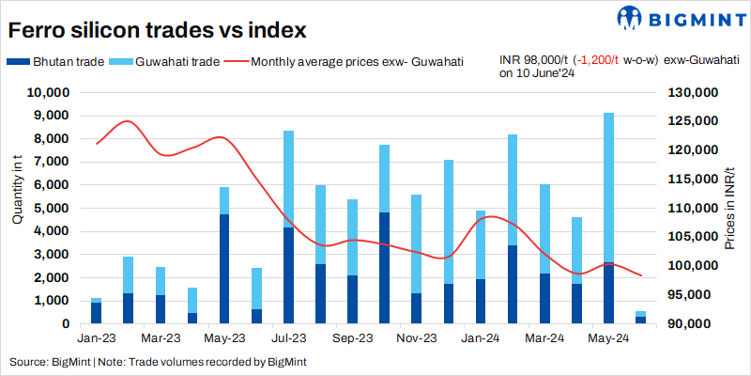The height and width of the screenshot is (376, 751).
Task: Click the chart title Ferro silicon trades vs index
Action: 157,30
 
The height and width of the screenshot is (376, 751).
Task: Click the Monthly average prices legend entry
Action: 346,62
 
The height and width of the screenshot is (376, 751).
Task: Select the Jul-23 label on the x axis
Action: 289,337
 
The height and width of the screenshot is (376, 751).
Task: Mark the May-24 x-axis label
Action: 609,337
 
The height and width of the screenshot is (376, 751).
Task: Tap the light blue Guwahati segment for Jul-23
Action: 289,179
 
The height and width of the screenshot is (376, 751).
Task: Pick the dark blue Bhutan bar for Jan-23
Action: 96,313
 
